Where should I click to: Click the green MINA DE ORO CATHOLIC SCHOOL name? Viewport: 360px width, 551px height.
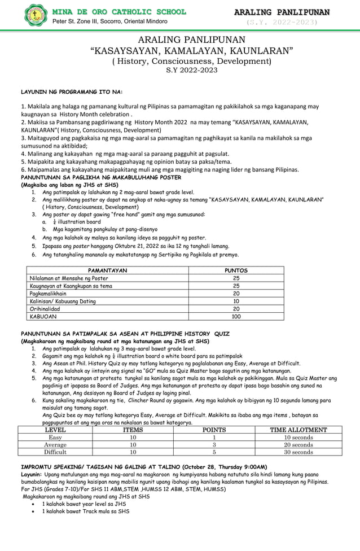[119, 11]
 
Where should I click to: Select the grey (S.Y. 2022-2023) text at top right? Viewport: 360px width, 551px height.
[282, 23]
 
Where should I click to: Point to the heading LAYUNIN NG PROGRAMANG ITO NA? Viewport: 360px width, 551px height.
[72, 91]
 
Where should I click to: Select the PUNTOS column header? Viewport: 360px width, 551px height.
[236, 270]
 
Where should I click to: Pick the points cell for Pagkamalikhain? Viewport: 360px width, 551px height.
[236, 294]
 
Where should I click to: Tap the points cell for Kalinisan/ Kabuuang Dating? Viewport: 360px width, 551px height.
[236, 301]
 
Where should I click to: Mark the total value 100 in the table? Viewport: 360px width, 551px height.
[236, 317]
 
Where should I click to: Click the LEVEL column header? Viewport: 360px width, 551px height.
[55, 430]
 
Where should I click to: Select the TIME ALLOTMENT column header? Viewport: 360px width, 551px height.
[298, 430]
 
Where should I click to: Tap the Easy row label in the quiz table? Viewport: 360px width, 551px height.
[55, 438]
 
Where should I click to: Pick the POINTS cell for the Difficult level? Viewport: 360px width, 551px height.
[214, 452]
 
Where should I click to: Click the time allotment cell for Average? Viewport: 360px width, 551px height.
[298, 445]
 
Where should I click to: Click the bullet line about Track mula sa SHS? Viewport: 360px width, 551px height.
[85, 511]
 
